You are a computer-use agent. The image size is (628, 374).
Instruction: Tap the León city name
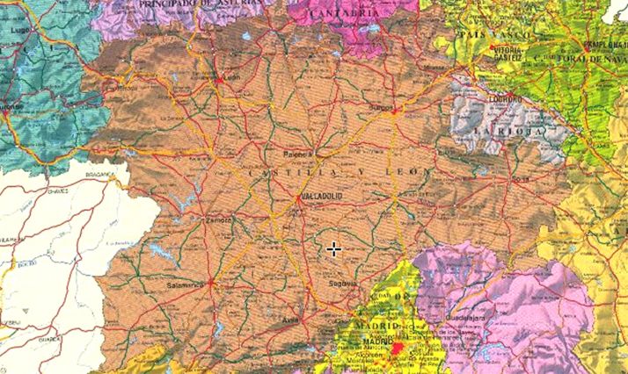232,77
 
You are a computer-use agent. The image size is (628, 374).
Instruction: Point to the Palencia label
297,155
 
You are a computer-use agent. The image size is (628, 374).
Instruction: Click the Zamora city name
218,220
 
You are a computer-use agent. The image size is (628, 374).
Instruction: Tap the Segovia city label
344,284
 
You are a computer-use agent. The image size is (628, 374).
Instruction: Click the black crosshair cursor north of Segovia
333,249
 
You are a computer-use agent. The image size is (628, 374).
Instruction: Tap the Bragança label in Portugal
99,175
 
